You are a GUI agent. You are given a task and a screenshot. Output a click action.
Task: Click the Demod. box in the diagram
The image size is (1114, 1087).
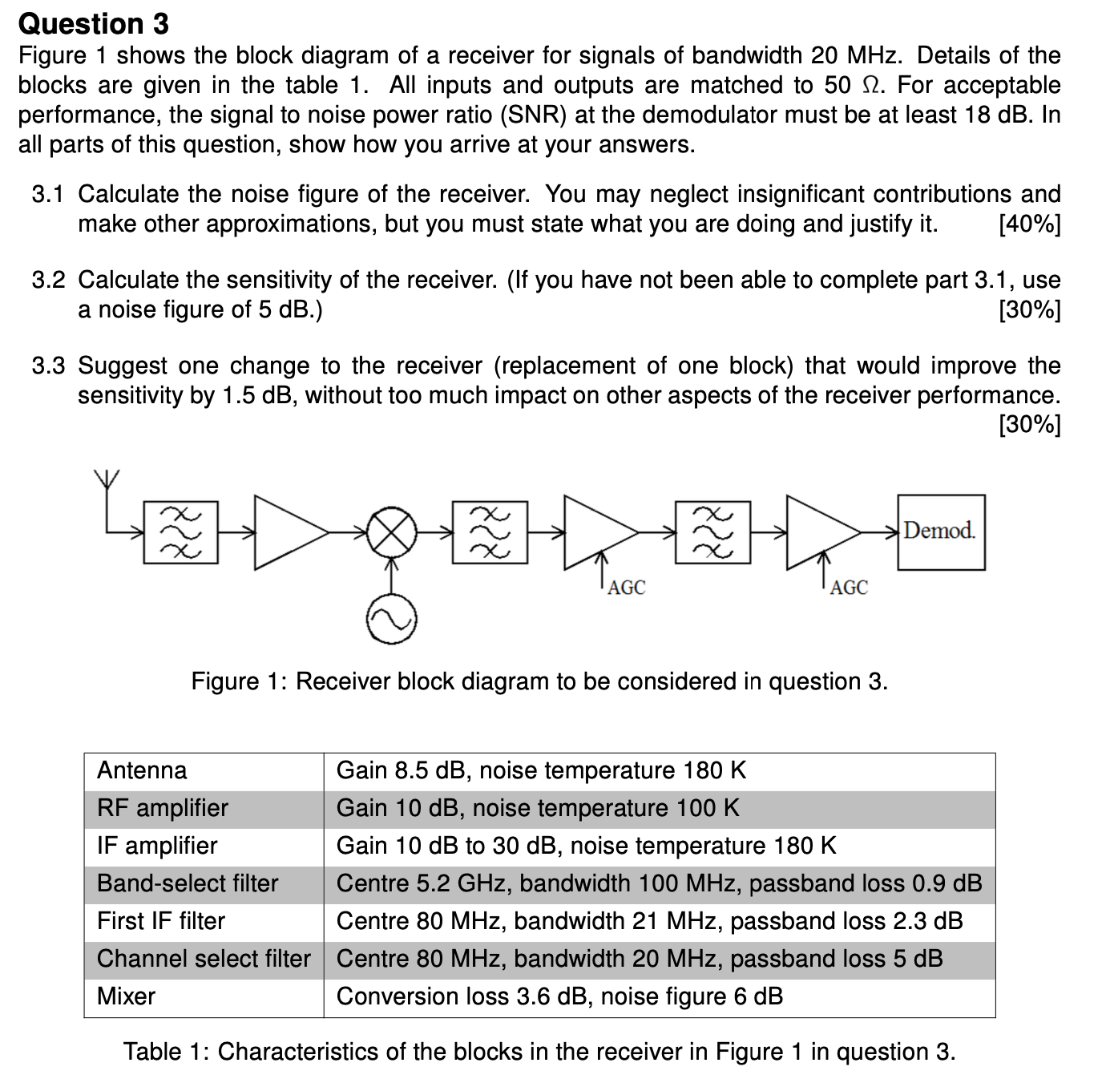pyautogui.click(x=940, y=532)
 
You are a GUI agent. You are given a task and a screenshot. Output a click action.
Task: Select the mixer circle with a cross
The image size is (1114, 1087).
pyautogui.click(x=391, y=531)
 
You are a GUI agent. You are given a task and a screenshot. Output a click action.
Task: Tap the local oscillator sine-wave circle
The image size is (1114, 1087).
pyautogui.click(x=391, y=620)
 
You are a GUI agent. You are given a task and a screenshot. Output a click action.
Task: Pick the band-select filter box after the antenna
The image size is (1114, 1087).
pyautogui.click(x=180, y=531)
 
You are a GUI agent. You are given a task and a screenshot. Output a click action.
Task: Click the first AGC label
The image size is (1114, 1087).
pyautogui.click(x=626, y=588)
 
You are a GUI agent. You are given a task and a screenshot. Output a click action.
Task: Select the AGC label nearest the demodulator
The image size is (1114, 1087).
pyautogui.click(x=849, y=588)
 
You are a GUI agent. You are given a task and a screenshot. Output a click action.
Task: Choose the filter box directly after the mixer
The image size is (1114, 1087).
pyautogui.click(x=490, y=531)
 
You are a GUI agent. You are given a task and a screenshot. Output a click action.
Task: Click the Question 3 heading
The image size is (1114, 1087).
pyautogui.click(x=93, y=24)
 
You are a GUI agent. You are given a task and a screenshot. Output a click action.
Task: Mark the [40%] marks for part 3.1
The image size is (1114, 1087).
pyautogui.click(x=1029, y=224)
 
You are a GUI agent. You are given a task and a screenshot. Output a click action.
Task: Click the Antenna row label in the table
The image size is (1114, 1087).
pyautogui.click(x=142, y=770)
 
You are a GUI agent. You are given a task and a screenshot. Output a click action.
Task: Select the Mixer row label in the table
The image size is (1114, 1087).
pyautogui.click(x=126, y=996)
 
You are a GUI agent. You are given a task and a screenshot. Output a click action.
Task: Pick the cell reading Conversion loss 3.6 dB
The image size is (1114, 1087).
pyautogui.click(x=559, y=996)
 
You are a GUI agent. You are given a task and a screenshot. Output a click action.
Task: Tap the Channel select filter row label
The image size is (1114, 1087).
pyautogui.click(x=204, y=959)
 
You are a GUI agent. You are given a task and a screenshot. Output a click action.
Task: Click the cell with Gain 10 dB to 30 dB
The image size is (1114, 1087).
pyautogui.click(x=586, y=846)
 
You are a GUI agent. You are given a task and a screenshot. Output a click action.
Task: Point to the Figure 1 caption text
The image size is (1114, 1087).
pyautogui.click(x=539, y=681)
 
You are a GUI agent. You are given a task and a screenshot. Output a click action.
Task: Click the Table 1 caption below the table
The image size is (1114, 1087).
pyautogui.click(x=539, y=1052)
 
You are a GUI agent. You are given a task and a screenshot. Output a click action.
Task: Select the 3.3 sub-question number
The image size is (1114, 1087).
pyautogui.click(x=47, y=366)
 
